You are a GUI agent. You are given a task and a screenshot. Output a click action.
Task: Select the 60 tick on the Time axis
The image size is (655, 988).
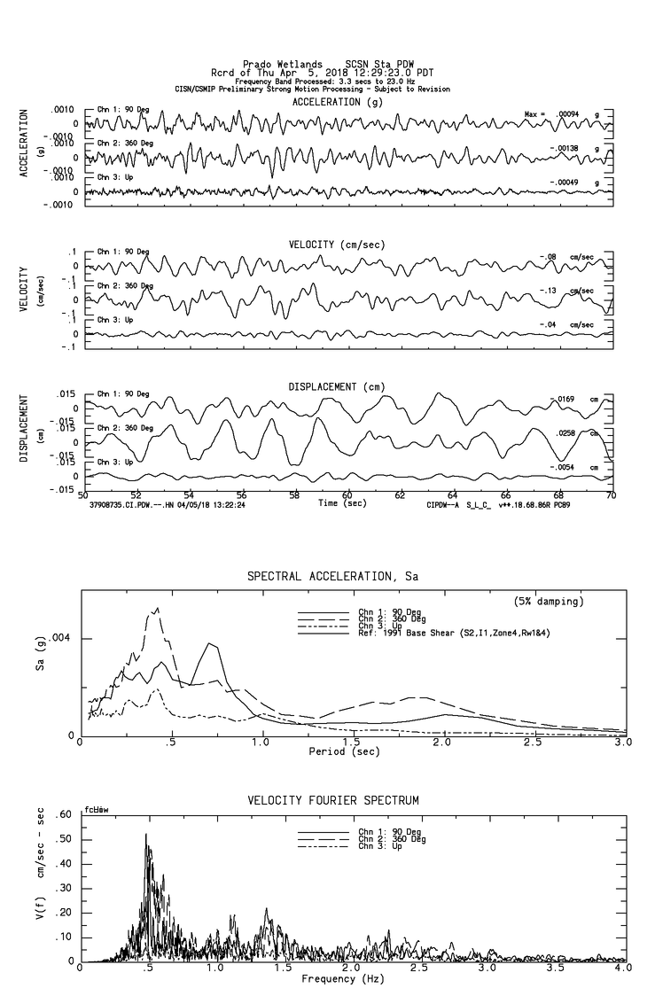pyautogui.click(x=347, y=495)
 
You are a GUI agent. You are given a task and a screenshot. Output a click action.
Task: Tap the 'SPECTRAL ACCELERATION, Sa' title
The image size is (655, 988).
pyautogui.click(x=332, y=576)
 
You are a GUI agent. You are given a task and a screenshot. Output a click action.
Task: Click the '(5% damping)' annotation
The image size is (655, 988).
pyautogui.click(x=549, y=602)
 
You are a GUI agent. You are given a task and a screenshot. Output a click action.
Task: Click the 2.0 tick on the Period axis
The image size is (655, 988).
pyautogui.click(x=442, y=743)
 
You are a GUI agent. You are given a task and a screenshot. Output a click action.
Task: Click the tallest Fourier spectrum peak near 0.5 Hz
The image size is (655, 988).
pyautogui.click(x=146, y=835)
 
